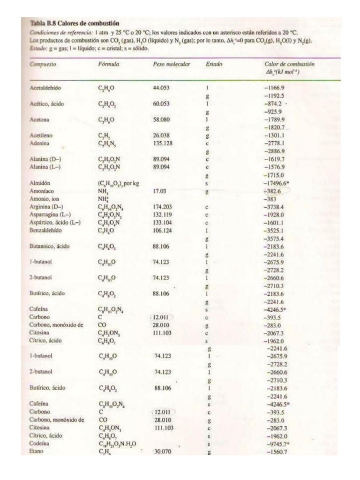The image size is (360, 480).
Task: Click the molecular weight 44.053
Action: point(162,87)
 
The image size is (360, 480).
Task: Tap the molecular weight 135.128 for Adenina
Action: point(164,142)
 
